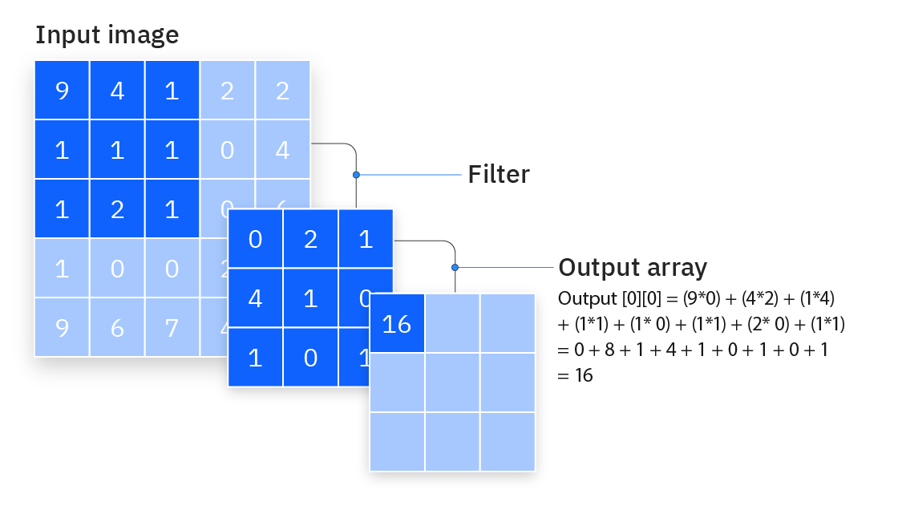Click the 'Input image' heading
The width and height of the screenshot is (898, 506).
pyautogui.click(x=107, y=35)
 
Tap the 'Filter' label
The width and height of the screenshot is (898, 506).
pyautogui.click(x=499, y=174)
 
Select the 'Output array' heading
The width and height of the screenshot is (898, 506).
pyautogui.click(x=633, y=267)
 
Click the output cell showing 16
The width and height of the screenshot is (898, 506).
pyautogui.click(x=397, y=323)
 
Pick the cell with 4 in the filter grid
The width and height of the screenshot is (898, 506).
pyautogui.click(x=255, y=298)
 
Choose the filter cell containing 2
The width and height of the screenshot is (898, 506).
pyautogui.click(x=310, y=239)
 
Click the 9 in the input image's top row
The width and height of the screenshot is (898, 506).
pyautogui.click(x=62, y=91)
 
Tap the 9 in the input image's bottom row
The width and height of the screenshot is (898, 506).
pyautogui.click(x=62, y=326)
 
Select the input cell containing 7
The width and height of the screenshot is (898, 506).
pyautogui.click(x=172, y=326)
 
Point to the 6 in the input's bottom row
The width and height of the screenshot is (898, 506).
pyautogui.click(x=117, y=326)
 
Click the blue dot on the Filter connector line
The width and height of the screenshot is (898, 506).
pyautogui.click(x=356, y=174)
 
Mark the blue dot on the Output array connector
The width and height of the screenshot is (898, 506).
pyautogui.click(x=455, y=267)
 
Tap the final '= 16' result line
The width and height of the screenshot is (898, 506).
pyautogui.click(x=576, y=374)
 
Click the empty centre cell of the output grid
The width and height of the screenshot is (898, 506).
pyautogui.click(x=452, y=382)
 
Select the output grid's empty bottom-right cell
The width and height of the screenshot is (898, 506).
pyautogui.click(x=508, y=441)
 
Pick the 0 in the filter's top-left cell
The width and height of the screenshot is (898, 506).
pyautogui.click(x=255, y=239)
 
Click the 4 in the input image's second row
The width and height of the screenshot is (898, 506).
pyautogui.click(x=282, y=150)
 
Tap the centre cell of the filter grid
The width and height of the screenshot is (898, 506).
pyautogui.click(x=310, y=298)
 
